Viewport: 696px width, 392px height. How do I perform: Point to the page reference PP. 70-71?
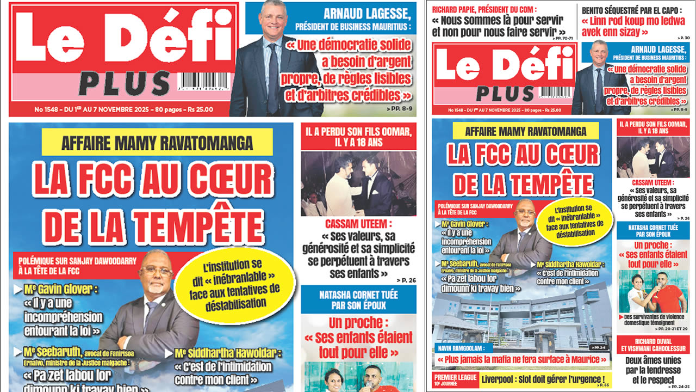[x=565, y=40]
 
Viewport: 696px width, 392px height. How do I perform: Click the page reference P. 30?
[x=684, y=38]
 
